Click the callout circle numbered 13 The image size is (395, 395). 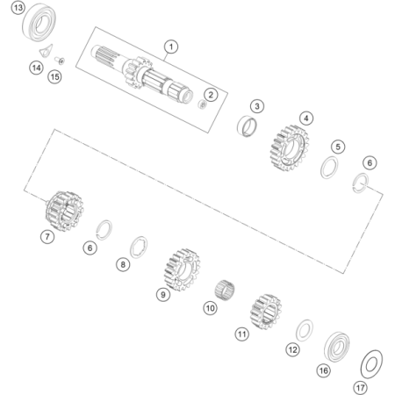18,8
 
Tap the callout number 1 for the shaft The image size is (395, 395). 171,47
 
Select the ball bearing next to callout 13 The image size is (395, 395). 39,23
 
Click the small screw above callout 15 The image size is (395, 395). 60,61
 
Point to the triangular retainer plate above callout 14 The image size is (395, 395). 47,50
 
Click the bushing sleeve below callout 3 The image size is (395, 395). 247,126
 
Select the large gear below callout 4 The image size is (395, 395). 289,148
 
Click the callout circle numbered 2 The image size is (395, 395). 211,95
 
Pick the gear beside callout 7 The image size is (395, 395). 64,211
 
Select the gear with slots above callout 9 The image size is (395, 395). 182,269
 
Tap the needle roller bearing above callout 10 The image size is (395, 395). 225,290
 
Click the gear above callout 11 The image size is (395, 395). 266,312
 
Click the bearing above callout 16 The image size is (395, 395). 337,347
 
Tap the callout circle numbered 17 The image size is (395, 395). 361,388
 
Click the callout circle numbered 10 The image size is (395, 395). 211,308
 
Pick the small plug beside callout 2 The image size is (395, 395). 202,104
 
